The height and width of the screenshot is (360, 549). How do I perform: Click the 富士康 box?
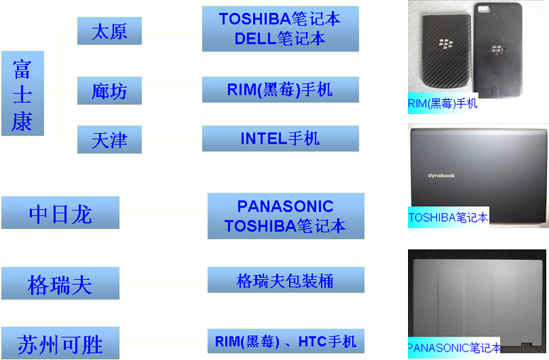(x=23, y=93)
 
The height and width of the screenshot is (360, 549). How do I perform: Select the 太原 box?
(x=109, y=32)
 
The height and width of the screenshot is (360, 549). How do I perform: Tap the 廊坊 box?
(x=109, y=91)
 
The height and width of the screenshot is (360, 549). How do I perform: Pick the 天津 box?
(x=109, y=139)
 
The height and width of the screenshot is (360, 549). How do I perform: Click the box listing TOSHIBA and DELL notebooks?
(x=280, y=29)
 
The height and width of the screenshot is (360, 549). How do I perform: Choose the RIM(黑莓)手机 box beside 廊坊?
(x=280, y=90)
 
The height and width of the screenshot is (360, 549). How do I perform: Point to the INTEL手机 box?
(x=280, y=139)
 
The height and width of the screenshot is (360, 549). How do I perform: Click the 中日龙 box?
(x=60, y=213)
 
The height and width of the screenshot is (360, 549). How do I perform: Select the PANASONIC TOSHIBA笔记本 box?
(x=285, y=216)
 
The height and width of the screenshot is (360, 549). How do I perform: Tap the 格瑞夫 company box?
(x=60, y=283)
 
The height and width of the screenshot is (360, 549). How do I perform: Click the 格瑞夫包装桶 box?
(x=285, y=281)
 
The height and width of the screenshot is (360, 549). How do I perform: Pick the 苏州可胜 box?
(x=60, y=343)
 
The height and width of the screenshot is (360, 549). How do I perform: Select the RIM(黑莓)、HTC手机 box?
(x=285, y=342)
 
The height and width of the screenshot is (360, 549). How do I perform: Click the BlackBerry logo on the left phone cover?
(x=445, y=43)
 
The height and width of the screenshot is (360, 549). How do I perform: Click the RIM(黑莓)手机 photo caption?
(x=443, y=103)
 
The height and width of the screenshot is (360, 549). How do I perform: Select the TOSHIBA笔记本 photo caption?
(x=448, y=218)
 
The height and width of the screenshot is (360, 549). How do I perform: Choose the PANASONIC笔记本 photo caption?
(x=454, y=348)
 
